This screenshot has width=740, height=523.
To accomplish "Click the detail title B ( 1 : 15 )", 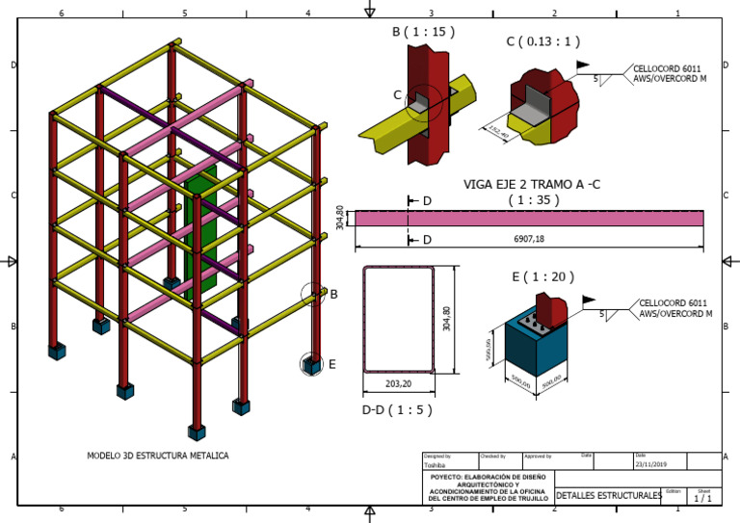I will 423,32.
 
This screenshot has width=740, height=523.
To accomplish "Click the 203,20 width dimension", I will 398,383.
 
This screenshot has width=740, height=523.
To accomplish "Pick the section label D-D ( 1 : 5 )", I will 395,409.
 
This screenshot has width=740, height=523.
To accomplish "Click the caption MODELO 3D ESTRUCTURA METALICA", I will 158,456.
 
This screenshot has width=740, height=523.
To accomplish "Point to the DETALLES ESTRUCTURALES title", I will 609,495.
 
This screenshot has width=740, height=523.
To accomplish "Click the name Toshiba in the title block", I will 436,465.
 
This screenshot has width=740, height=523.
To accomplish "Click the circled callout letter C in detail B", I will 398,94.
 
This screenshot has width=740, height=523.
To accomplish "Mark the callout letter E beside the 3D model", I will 331,364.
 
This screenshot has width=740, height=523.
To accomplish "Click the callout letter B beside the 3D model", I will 333,295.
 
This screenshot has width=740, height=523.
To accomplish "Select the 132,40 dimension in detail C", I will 499,132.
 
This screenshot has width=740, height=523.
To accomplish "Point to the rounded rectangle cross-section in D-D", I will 397,320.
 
